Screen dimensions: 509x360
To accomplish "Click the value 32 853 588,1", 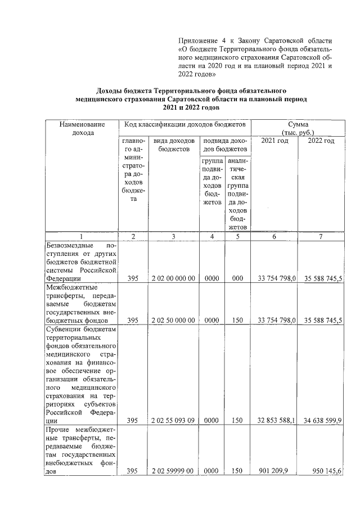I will point(274,420).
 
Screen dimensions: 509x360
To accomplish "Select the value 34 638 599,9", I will point(320,420).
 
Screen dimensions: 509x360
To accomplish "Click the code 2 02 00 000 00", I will point(173,278).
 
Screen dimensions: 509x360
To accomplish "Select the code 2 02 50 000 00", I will point(173,320).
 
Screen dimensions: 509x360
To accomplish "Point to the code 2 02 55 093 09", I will point(173,420).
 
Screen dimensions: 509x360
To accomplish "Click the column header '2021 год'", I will point(274,141).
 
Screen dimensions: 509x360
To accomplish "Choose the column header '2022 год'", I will point(321,141).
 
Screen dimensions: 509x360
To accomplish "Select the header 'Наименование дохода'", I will point(82,128).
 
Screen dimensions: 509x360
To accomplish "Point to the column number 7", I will point(320,237).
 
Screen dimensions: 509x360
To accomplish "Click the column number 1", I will point(81,237).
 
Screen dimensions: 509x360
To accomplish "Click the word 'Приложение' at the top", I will point(200,40).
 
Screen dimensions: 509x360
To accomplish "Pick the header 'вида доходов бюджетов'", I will point(174,145).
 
